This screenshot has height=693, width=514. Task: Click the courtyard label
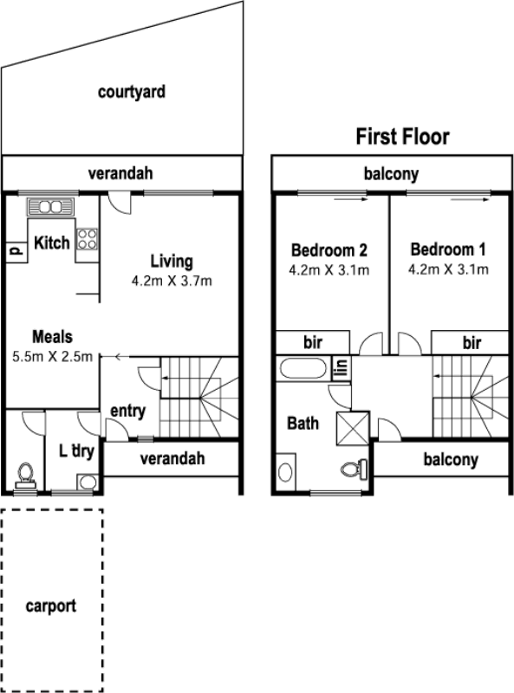pos(132,92)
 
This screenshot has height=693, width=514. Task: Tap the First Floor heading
pos(402,136)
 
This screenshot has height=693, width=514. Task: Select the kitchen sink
pos(50,207)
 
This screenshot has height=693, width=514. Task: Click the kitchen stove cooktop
pos(87,239)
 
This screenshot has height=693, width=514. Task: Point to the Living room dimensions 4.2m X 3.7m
pos(172,281)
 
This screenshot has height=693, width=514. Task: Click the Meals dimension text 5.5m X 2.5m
pos(53,357)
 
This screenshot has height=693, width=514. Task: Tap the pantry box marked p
pos(16,251)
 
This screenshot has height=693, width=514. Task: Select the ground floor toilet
pos(26,475)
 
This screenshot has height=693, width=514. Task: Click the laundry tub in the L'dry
pos(88,483)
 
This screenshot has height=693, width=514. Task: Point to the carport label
pos(51,606)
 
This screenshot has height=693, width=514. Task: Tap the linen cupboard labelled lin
pos(342,367)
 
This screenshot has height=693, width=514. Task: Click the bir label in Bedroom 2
pos(313,342)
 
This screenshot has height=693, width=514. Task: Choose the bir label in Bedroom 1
pos(472,342)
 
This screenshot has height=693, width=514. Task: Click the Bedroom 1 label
pos(448,249)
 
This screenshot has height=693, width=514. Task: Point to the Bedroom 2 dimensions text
pos(329,270)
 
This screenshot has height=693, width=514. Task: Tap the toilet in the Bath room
pos(354,469)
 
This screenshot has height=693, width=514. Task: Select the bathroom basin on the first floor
pos(286,471)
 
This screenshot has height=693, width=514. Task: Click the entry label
pos(127,411)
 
